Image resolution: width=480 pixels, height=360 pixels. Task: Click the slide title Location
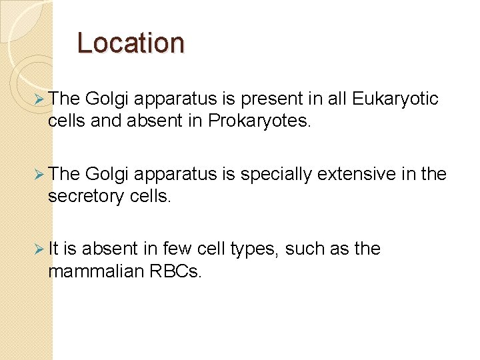(x=130, y=43)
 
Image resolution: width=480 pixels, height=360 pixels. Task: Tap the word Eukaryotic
(x=395, y=99)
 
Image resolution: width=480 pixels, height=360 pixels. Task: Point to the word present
(x=270, y=100)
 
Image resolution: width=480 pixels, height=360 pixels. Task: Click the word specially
(x=275, y=175)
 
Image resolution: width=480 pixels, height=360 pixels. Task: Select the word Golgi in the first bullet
(x=107, y=100)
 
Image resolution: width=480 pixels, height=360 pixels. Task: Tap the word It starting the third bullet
(x=54, y=249)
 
